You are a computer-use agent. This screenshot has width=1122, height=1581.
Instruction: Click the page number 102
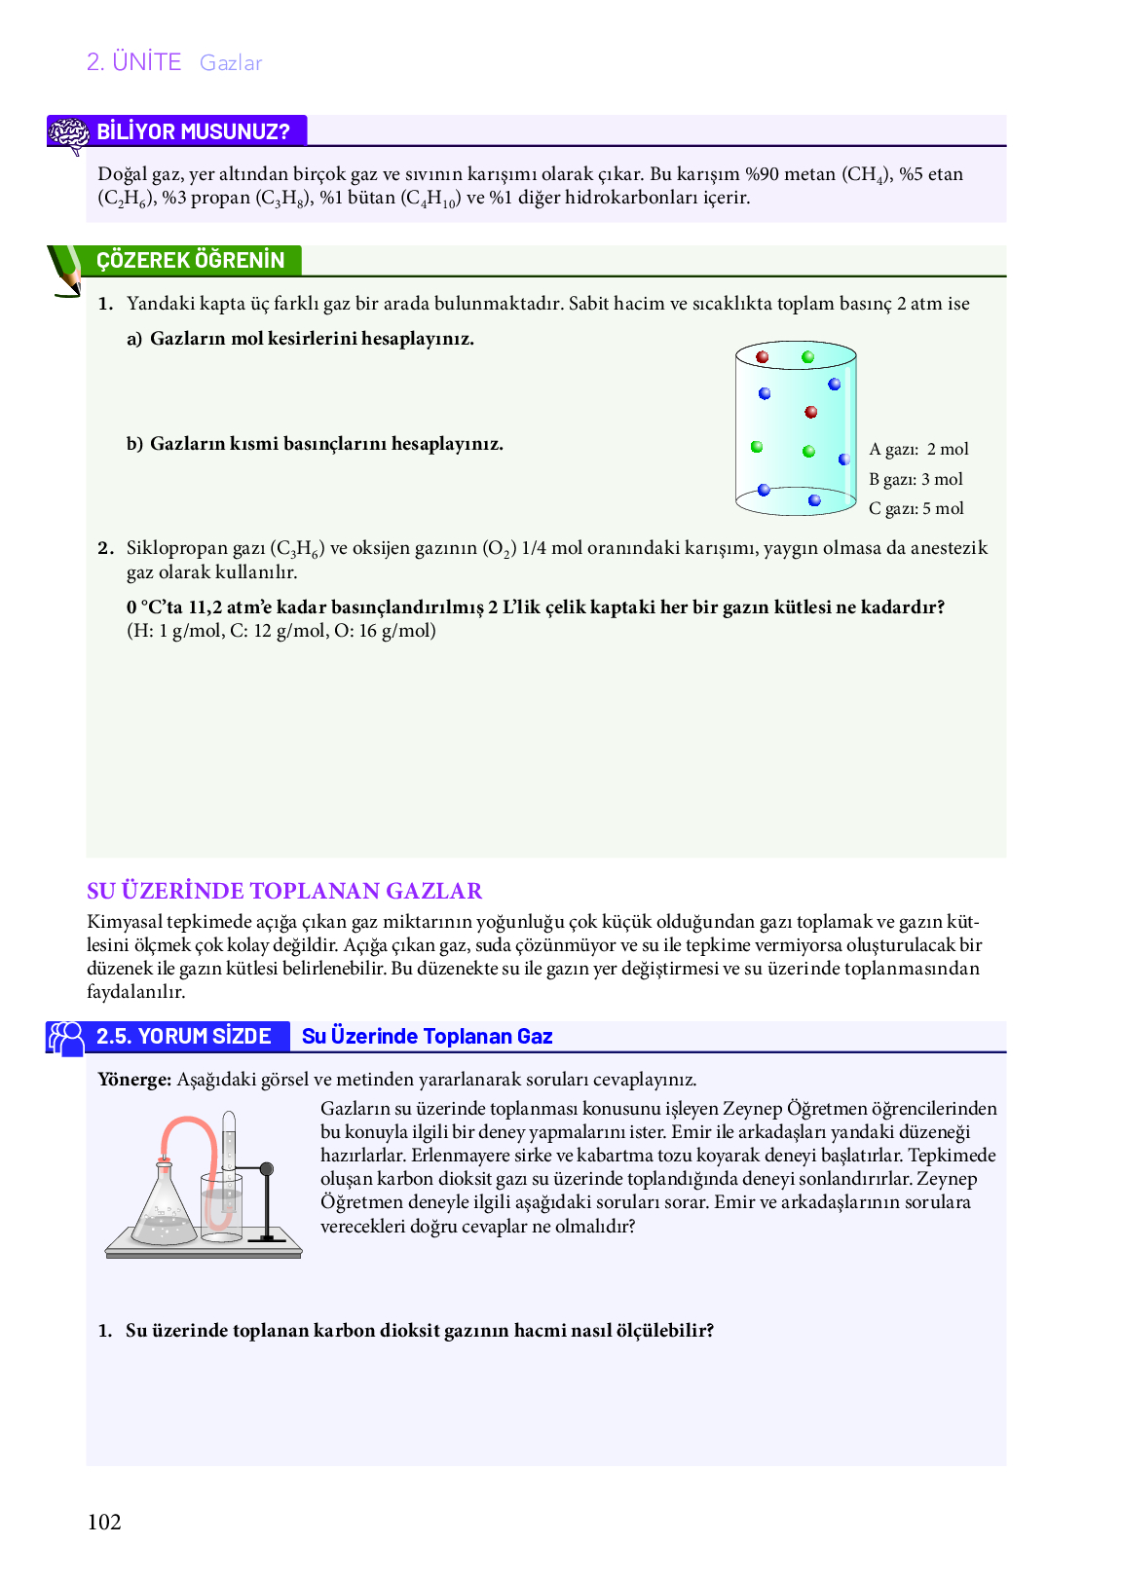(x=104, y=1522)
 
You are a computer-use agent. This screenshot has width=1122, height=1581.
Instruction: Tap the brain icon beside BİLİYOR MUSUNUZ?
(x=68, y=134)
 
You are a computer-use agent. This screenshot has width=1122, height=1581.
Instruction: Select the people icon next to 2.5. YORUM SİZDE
(x=66, y=1038)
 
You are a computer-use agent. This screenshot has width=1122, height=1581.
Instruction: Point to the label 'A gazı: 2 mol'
(x=918, y=449)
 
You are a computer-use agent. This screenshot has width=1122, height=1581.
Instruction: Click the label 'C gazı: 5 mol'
(x=916, y=508)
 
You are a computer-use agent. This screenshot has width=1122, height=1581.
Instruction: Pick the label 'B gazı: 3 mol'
(x=916, y=479)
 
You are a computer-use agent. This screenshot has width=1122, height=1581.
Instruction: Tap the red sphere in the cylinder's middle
(x=810, y=412)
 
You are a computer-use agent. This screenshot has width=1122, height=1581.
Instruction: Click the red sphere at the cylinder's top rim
(x=763, y=357)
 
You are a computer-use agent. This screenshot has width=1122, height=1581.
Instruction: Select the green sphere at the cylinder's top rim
(x=807, y=357)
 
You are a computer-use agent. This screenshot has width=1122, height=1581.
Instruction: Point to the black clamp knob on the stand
(x=267, y=1168)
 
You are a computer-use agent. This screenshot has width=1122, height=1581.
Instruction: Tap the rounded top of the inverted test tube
(x=229, y=1117)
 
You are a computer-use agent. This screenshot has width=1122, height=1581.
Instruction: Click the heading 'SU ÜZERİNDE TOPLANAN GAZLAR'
(x=284, y=891)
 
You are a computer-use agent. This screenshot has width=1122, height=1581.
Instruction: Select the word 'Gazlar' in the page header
(x=231, y=63)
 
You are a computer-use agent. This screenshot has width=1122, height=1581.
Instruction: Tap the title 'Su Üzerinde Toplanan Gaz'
(x=427, y=1036)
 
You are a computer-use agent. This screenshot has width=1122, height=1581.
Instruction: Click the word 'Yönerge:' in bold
(x=134, y=1079)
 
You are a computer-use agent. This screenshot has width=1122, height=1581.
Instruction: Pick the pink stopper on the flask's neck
(x=164, y=1160)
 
